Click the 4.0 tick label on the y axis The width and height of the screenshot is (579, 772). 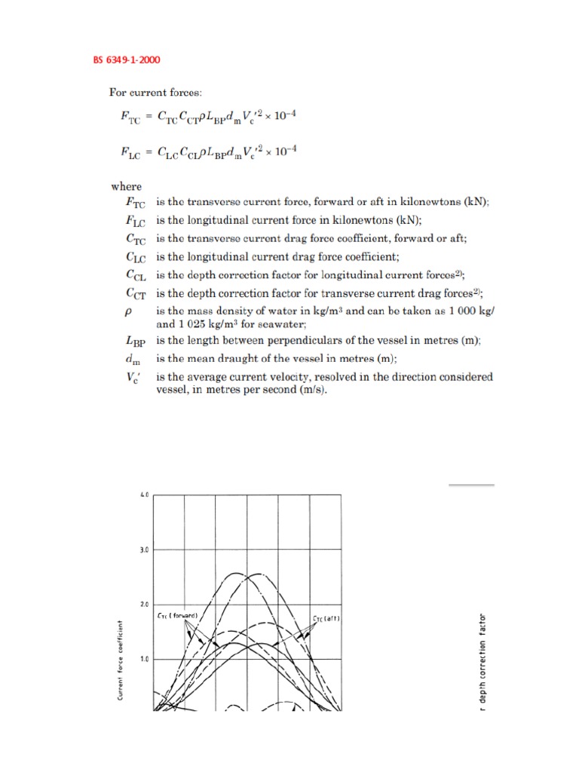[x=145, y=495]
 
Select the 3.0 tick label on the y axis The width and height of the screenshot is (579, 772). [x=145, y=550]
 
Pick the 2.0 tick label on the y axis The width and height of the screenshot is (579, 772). [x=145, y=605]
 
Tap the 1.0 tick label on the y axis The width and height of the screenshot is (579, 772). [x=145, y=659]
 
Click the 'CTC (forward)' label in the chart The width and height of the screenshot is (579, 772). [x=178, y=616]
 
